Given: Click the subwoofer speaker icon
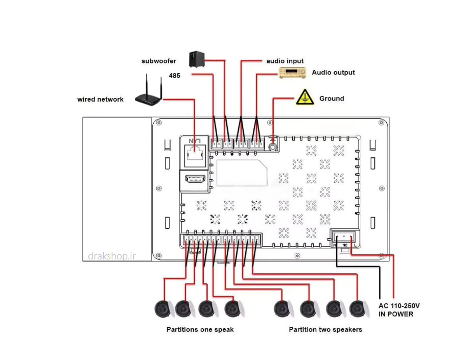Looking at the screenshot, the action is pyautogui.click(x=197, y=59).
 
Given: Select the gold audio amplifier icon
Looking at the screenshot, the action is pyautogui.click(x=292, y=73).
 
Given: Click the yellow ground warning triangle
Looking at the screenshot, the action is pyautogui.click(x=305, y=97).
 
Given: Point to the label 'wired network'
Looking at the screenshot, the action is pyautogui.click(x=100, y=100).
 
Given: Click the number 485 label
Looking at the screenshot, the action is pyautogui.click(x=175, y=76).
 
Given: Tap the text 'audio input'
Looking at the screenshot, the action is pyautogui.click(x=285, y=61).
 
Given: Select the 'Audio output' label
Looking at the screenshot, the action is pyautogui.click(x=334, y=73).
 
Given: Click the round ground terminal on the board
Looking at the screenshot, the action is pyautogui.click(x=273, y=147).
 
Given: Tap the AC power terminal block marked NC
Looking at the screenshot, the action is pyautogui.click(x=344, y=238).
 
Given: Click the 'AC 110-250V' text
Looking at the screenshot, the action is pyautogui.click(x=399, y=306).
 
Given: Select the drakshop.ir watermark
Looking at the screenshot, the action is pyautogui.click(x=112, y=256).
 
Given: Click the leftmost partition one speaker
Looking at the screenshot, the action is pyautogui.click(x=163, y=308).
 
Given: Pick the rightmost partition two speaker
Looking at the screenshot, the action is pyautogui.click(x=358, y=308).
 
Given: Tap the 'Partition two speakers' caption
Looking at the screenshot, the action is pyautogui.click(x=325, y=330).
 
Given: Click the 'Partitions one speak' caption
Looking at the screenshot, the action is pyautogui.click(x=200, y=330).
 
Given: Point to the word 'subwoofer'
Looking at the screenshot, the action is pyautogui.click(x=159, y=61).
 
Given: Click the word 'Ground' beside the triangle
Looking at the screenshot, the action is pyautogui.click(x=332, y=99).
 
